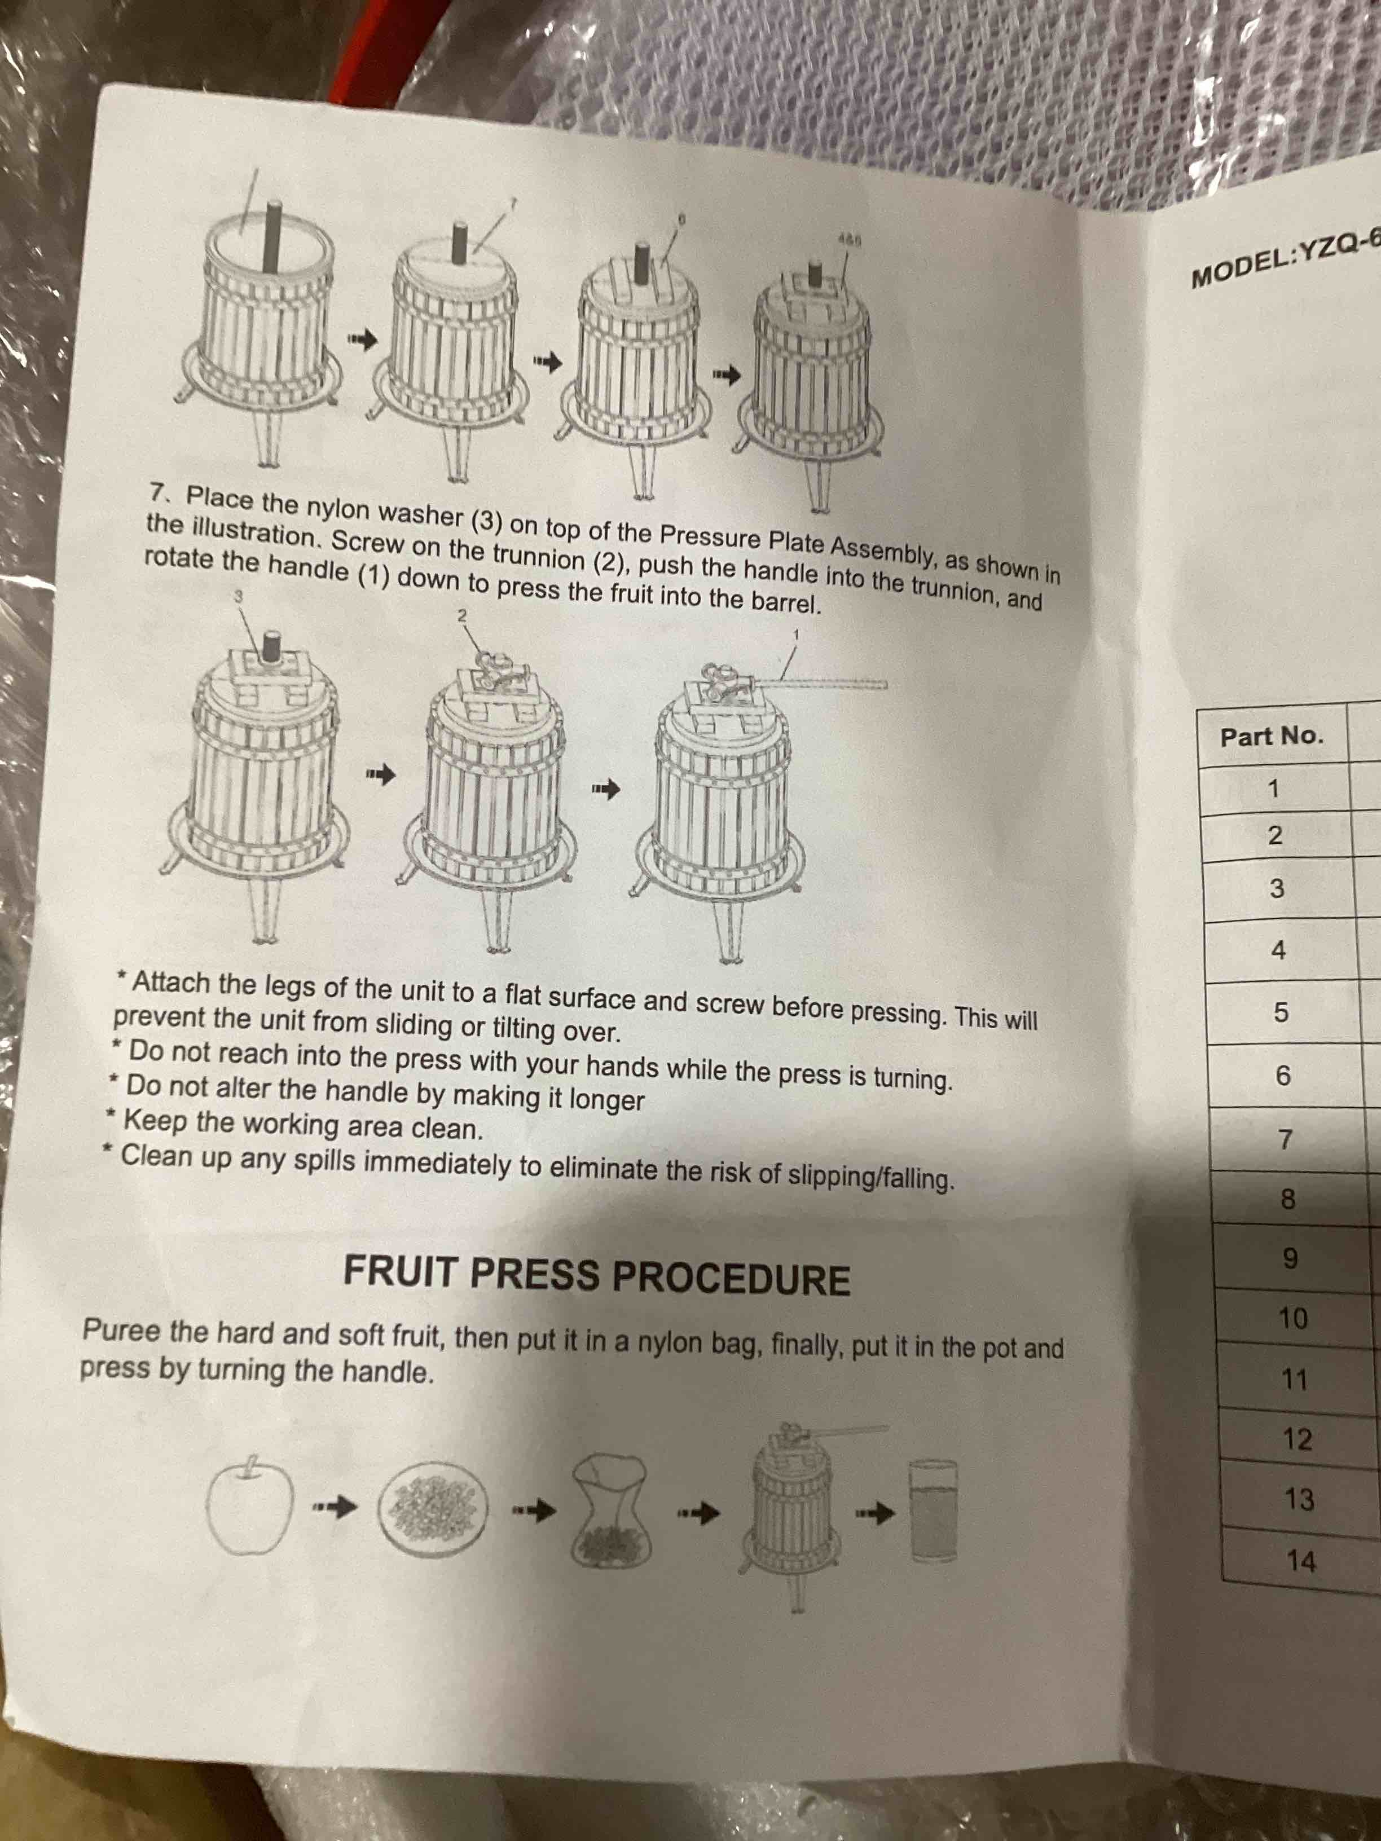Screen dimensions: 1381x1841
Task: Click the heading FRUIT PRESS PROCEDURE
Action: tap(597, 1275)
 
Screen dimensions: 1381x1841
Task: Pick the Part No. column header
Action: tap(1271, 735)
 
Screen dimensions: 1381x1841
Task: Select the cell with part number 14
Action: tap(1301, 1561)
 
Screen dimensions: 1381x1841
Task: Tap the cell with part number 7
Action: tap(1285, 1139)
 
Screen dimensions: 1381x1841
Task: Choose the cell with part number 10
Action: tap(1293, 1318)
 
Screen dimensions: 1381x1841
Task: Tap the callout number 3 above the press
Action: tap(238, 596)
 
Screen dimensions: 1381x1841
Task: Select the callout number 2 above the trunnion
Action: tap(463, 615)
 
